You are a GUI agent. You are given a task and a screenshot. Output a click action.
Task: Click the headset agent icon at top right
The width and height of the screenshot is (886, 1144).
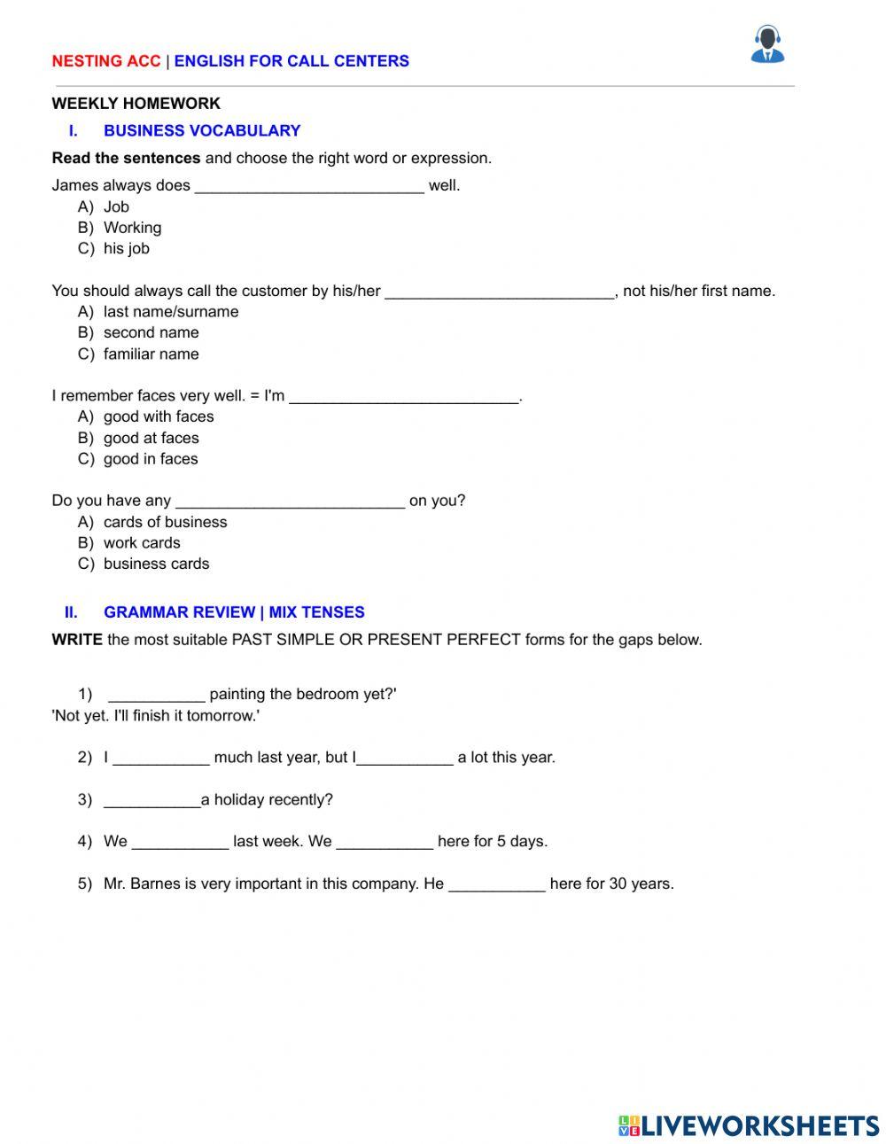click(767, 44)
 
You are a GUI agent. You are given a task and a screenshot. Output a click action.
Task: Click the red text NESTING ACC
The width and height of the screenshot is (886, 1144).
click(106, 61)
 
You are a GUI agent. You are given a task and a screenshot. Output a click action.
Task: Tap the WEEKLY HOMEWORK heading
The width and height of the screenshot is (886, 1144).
click(136, 104)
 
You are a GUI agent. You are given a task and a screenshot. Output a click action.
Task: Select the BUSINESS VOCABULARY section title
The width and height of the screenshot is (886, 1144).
click(202, 131)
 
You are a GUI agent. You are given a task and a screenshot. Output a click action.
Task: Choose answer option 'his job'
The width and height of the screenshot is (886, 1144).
click(127, 249)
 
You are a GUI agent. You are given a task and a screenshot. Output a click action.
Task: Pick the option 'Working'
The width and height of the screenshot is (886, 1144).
click(132, 228)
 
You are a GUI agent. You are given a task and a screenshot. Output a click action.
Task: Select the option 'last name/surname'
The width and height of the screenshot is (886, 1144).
click(171, 312)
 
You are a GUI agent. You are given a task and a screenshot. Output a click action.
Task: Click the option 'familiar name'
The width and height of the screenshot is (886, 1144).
click(151, 354)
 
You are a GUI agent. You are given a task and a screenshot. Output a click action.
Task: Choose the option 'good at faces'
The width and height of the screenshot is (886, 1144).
click(151, 439)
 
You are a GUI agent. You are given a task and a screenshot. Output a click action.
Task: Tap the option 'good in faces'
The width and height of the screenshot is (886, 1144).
click(151, 459)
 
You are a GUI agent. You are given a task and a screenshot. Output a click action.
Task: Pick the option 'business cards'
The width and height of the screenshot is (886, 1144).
click(156, 564)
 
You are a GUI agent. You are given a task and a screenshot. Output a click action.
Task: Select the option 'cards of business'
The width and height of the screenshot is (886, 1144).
click(165, 523)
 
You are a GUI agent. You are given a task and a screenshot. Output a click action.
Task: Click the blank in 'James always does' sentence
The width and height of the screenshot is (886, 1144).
click(309, 186)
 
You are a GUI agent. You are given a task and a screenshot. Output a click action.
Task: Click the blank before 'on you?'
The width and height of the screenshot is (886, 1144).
click(290, 502)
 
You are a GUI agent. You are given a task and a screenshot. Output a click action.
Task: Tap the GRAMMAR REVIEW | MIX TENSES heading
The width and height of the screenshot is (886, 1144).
click(234, 612)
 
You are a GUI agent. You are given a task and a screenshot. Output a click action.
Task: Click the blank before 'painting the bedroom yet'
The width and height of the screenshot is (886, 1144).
click(157, 695)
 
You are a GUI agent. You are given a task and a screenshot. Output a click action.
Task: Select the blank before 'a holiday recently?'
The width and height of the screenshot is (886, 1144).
click(152, 800)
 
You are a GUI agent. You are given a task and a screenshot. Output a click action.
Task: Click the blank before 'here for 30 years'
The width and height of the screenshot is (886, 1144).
click(497, 884)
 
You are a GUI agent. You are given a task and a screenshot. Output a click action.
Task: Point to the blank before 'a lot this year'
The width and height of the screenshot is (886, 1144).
click(405, 759)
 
